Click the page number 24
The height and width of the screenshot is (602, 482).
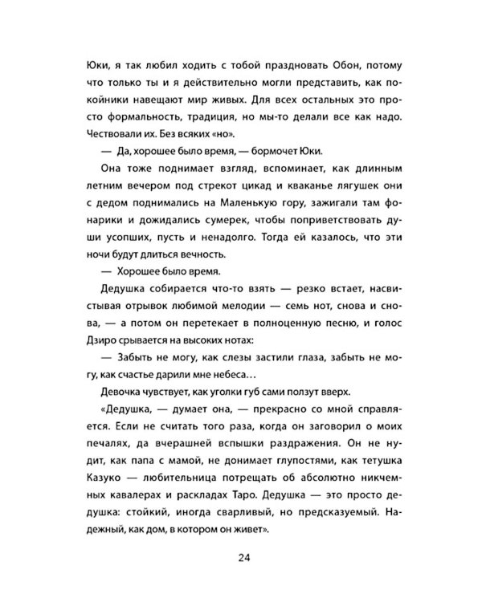click(x=241, y=559)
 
